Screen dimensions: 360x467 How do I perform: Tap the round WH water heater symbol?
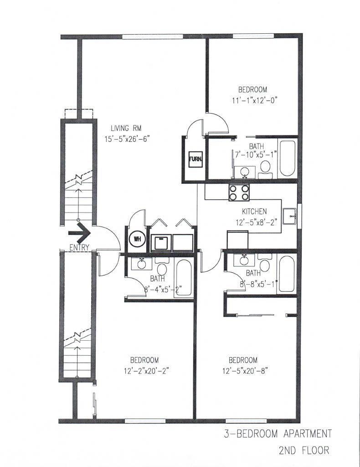tap(137, 239)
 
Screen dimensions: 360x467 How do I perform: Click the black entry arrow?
tap(79, 233)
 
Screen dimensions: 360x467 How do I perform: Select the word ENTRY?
tap(79, 247)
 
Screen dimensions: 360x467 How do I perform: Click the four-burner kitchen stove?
tap(239, 192)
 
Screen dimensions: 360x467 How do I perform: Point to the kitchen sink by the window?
tap(289, 216)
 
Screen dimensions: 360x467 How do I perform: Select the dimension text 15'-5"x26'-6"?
tap(126, 139)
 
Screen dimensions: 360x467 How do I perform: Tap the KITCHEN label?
tap(254, 212)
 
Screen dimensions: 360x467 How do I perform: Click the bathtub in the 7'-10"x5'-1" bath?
tap(288, 158)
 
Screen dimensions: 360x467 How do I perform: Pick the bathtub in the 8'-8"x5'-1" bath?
tap(287, 274)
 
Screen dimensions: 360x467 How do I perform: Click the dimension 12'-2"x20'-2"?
tap(147, 371)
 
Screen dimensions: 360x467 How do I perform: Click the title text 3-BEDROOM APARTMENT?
tap(278, 434)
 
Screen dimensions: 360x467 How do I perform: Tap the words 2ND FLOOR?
tap(304, 450)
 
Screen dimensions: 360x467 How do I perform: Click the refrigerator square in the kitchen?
tap(237, 240)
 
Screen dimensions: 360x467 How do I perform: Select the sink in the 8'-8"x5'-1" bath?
tap(244, 260)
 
